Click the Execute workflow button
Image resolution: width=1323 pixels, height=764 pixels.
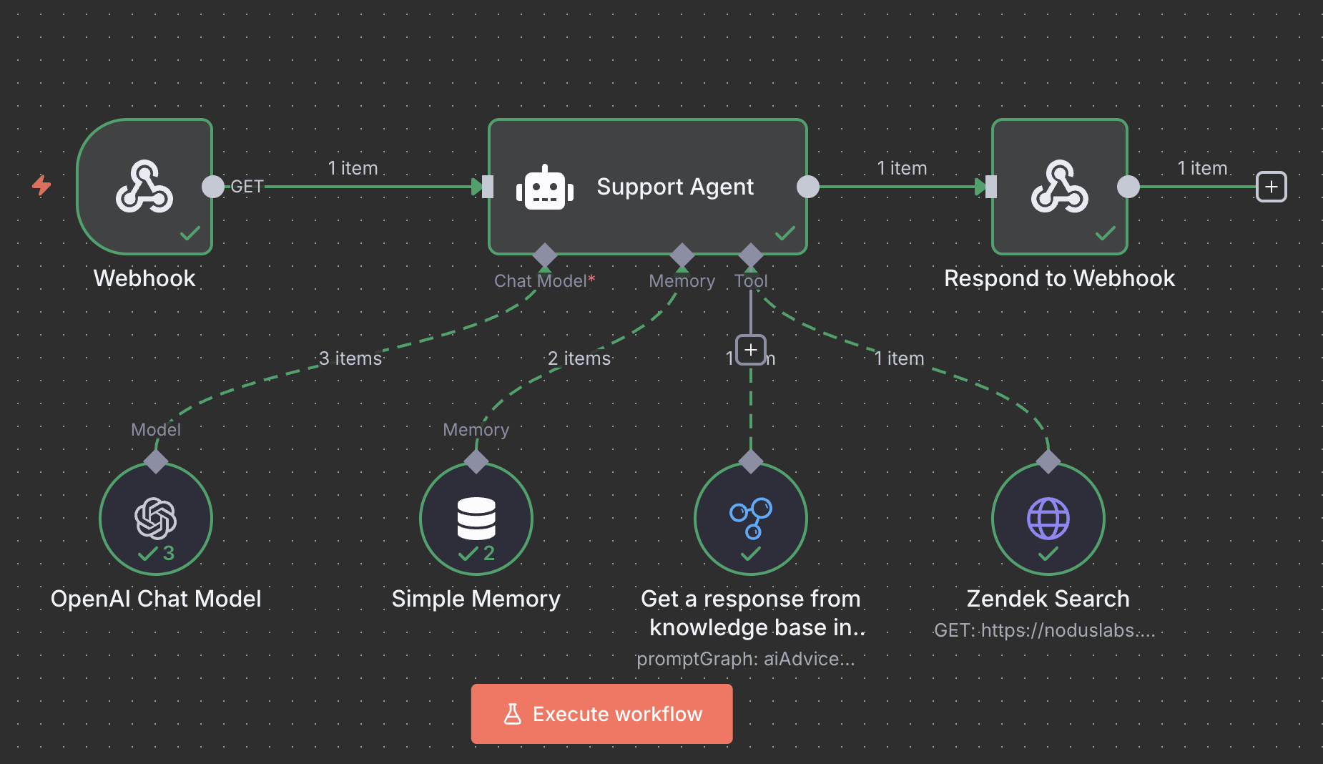pyautogui.click(x=601, y=714)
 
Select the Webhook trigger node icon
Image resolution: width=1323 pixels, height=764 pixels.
pyautogui.click(x=144, y=187)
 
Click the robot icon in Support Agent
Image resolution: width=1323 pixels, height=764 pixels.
pyautogui.click(x=545, y=187)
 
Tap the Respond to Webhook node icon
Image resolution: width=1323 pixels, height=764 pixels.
pyautogui.click(x=1059, y=187)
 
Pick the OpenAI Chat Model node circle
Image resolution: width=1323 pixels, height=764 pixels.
pyautogui.click(x=156, y=519)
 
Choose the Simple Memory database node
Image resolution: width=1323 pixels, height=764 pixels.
pyautogui.click(x=476, y=519)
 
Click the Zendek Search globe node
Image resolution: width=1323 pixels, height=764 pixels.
pyautogui.click(x=1048, y=519)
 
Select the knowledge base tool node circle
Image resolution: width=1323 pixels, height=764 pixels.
pyautogui.click(x=750, y=519)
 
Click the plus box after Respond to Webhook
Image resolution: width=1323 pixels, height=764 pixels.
pyautogui.click(x=1271, y=187)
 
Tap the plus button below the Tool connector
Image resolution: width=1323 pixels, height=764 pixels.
pyautogui.click(x=750, y=350)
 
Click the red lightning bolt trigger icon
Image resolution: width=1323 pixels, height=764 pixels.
pyautogui.click(x=41, y=185)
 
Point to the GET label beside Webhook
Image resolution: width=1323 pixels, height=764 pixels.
pyautogui.click(x=247, y=187)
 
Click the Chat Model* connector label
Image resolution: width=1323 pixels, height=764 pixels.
pyautogui.click(x=544, y=281)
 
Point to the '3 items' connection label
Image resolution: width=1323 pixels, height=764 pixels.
pyautogui.click(x=350, y=358)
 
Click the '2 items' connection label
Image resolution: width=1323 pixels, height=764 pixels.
pyautogui.click(x=579, y=358)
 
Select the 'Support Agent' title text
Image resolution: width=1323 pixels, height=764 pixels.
pyautogui.click(x=675, y=187)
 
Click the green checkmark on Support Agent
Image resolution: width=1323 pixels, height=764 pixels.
pyautogui.click(x=785, y=233)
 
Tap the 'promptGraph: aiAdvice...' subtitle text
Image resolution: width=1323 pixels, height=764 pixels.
pyautogui.click(x=746, y=659)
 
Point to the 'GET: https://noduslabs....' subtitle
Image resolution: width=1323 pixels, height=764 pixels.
pyautogui.click(x=1044, y=630)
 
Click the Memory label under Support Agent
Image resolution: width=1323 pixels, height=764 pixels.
pyautogui.click(x=682, y=281)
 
